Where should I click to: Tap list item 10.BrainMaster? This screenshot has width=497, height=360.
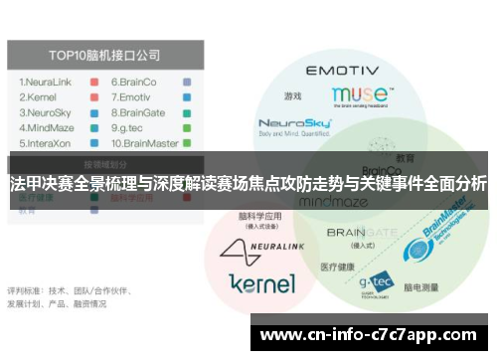[x=145, y=145]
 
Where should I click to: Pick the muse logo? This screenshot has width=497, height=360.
[x=360, y=95]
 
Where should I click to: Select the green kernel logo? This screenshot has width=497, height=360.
[x=261, y=283]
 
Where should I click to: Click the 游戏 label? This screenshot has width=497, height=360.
[x=292, y=96]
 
